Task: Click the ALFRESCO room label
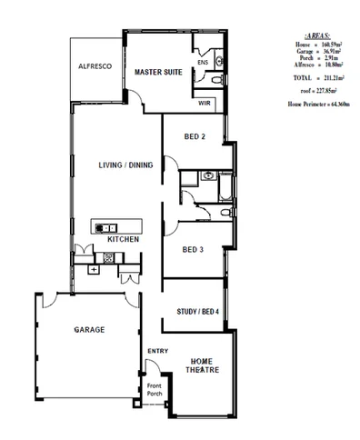(x=95, y=67)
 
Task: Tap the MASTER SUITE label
(x=159, y=71)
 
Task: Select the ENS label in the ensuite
(x=202, y=63)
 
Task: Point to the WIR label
(x=206, y=104)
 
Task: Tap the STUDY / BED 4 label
(x=197, y=313)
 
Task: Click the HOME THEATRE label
(x=200, y=365)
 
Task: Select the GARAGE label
(x=90, y=329)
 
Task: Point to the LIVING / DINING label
(x=125, y=165)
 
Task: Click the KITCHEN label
(x=123, y=239)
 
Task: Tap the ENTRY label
(x=157, y=351)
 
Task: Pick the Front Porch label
(x=155, y=391)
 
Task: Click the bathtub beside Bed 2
(x=226, y=186)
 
